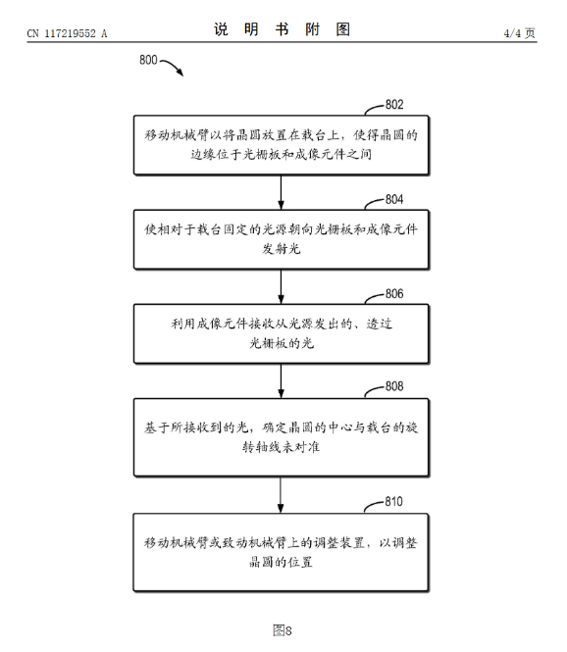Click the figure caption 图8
tap(283, 629)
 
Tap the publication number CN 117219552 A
tap(67, 34)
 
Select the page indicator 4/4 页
tap(517, 34)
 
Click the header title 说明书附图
tap(283, 30)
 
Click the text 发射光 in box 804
tap(282, 250)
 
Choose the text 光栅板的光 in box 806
tap(282, 344)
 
